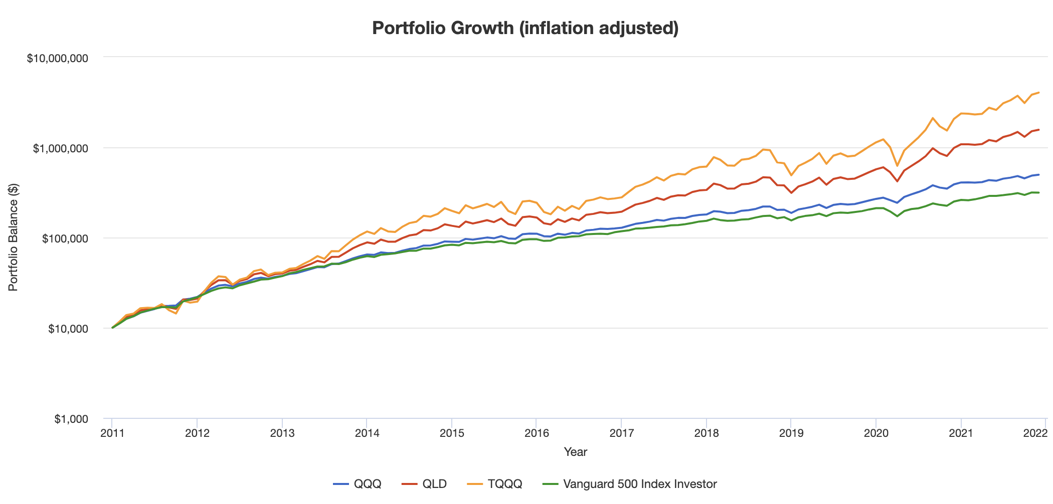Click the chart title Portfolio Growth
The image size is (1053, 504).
click(x=525, y=28)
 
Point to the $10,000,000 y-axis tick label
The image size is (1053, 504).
click(x=57, y=58)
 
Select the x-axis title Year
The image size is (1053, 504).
click(x=575, y=452)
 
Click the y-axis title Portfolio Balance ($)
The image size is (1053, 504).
click(x=14, y=237)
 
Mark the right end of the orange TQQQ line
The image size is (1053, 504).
click(x=1039, y=93)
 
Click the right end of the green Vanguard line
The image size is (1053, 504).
click(x=1039, y=192)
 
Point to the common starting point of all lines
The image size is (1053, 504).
click(x=112, y=328)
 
